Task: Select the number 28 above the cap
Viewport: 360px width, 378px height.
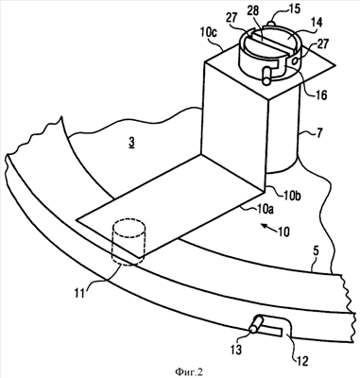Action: tap(251, 10)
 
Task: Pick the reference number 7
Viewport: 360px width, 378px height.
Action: tap(318, 133)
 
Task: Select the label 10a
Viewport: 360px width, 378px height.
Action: tap(263, 209)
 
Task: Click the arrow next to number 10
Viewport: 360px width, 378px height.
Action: tap(267, 228)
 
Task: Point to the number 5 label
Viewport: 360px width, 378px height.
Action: tap(316, 251)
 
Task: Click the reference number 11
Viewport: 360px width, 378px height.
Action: tap(79, 293)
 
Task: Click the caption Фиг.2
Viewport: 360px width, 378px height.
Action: tap(189, 372)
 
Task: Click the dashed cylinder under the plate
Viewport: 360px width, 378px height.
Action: tap(129, 243)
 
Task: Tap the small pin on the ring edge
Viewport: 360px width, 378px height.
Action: tap(256, 324)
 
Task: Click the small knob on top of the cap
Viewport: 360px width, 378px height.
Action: tap(272, 23)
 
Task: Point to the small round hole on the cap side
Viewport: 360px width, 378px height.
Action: tap(294, 61)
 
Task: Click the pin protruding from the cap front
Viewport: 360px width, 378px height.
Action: tap(266, 76)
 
